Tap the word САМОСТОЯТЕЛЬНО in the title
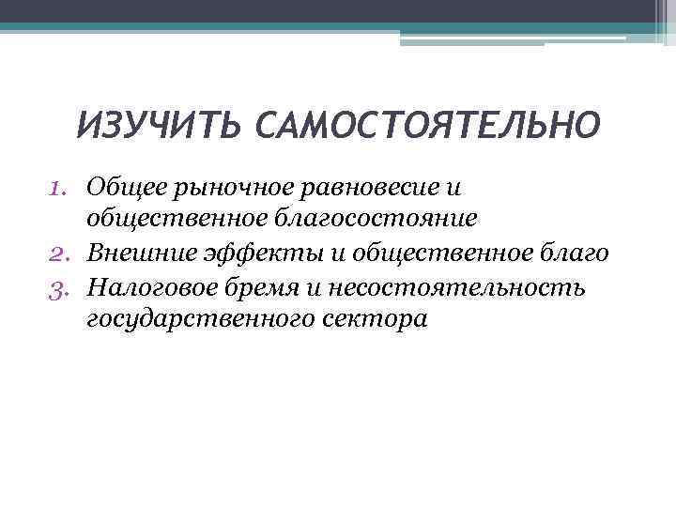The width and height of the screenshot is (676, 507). pos(424,125)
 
